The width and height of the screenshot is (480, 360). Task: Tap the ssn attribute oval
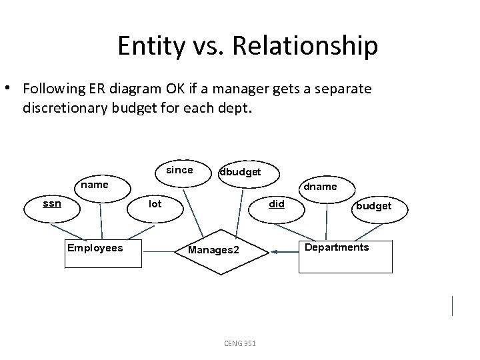tap(53, 203)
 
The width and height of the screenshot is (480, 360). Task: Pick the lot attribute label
tap(155, 204)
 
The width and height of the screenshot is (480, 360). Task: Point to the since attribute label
tap(179, 170)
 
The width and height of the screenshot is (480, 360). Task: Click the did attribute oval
tap(276, 203)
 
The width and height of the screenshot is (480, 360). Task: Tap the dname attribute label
tap(320, 187)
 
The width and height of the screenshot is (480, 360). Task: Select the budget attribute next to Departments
tap(373, 206)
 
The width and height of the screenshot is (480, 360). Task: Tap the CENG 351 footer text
tap(241, 343)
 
